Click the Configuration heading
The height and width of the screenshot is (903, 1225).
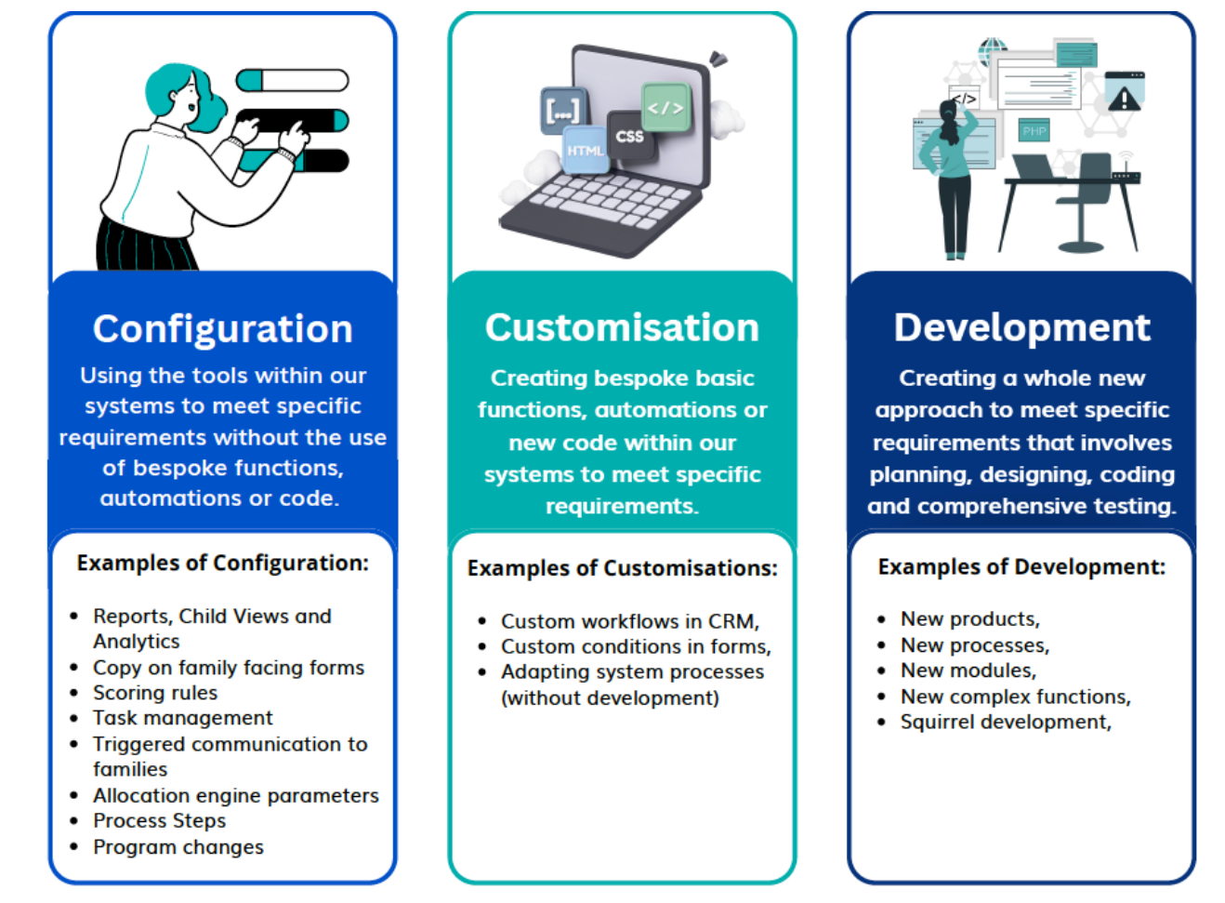tap(223, 329)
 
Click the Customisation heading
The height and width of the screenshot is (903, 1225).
tap(622, 327)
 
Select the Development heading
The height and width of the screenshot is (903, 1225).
tap(1021, 327)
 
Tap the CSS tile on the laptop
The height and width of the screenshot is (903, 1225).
tap(629, 137)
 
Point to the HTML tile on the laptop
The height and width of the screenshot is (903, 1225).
tap(586, 151)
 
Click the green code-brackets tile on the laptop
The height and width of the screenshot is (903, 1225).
tap(665, 108)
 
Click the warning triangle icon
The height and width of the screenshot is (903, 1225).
tap(1124, 99)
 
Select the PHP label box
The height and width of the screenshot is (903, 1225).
tap(1034, 131)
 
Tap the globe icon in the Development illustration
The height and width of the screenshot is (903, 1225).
tap(992, 48)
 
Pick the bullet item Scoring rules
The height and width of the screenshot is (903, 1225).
tap(155, 693)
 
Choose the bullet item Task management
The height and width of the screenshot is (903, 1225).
tap(183, 718)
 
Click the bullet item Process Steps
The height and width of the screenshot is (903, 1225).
tap(160, 821)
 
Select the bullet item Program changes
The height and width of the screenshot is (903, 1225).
tap(178, 847)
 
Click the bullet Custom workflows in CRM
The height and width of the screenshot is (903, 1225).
tap(630, 621)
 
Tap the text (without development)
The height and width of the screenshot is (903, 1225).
tap(610, 698)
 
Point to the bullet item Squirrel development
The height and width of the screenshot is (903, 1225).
tap(1006, 723)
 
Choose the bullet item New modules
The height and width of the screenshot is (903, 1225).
tap(968, 671)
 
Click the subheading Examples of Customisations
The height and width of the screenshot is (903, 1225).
tap(622, 568)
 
